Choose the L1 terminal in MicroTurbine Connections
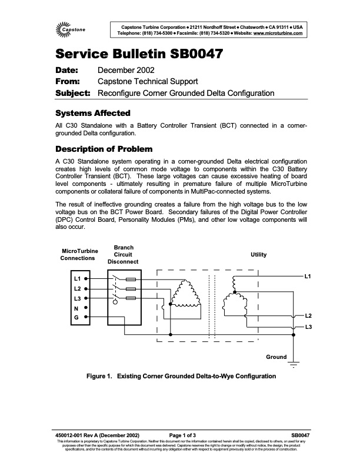tap(77, 278)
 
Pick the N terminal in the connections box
tap(76, 308)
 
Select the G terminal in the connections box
tap(76, 318)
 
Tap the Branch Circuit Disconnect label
tap(124, 255)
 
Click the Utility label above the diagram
tap(259, 255)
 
